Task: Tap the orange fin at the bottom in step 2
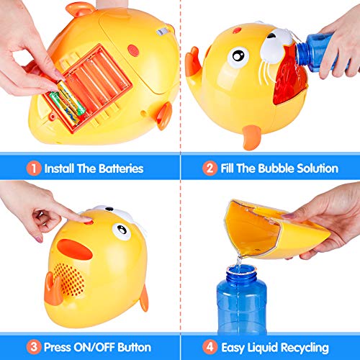click(x=250, y=137)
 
